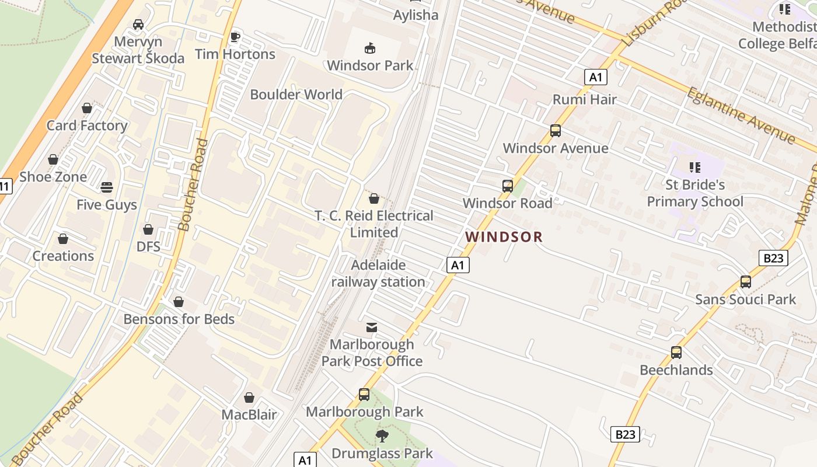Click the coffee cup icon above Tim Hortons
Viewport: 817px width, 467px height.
[x=235, y=37]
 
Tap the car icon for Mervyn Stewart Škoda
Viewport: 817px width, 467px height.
[x=138, y=25]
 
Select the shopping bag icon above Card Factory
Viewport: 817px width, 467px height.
[x=87, y=108]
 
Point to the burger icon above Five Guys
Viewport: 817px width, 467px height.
[x=107, y=187]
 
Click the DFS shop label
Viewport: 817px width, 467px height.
[x=148, y=246]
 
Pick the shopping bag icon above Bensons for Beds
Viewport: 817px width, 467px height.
[x=179, y=302]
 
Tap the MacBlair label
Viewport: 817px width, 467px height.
[x=249, y=415]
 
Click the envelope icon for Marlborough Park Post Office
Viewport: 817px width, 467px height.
[x=372, y=327]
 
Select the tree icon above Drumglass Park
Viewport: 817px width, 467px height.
[x=382, y=435]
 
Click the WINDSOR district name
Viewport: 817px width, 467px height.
[x=504, y=237]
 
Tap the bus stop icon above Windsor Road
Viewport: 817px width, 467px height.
[x=508, y=186]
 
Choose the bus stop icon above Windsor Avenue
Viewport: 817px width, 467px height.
[x=556, y=131]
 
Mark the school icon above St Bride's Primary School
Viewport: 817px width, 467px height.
[x=695, y=168]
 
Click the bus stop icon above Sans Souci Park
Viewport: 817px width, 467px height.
[x=746, y=282]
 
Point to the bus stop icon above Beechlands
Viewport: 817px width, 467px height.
[x=676, y=353]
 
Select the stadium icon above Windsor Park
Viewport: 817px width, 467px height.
[x=370, y=48]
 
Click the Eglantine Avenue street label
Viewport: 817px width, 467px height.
[x=741, y=115]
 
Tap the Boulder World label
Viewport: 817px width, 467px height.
[x=296, y=95]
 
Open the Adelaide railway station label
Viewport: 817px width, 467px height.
[x=378, y=273]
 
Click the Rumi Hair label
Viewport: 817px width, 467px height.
[x=585, y=99]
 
